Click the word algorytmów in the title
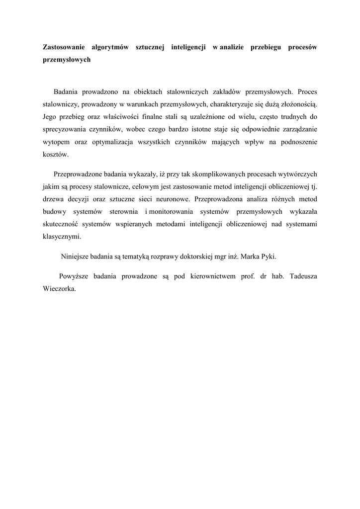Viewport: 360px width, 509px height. click(110, 47)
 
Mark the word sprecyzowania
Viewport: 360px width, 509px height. click(63, 129)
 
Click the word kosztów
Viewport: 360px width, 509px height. click(54, 155)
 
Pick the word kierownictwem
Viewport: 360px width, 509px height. click(212, 276)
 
